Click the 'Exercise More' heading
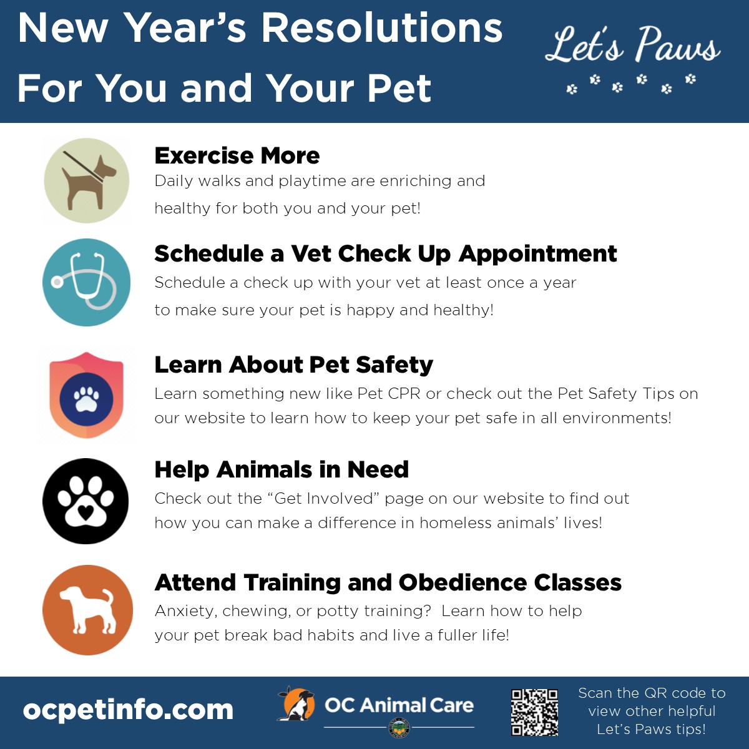[x=237, y=155]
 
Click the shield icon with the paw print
[x=86, y=395]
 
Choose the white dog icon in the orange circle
[x=88, y=609]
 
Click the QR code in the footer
[x=534, y=712]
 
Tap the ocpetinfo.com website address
[x=129, y=710]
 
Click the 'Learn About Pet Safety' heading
[x=294, y=365]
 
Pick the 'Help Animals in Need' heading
[x=281, y=469]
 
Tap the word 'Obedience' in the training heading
[x=463, y=582]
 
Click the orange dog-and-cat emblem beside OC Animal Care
[x=296, y=704]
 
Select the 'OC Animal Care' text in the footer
[x=399, y=705]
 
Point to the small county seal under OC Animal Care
[x=399, y=728]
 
